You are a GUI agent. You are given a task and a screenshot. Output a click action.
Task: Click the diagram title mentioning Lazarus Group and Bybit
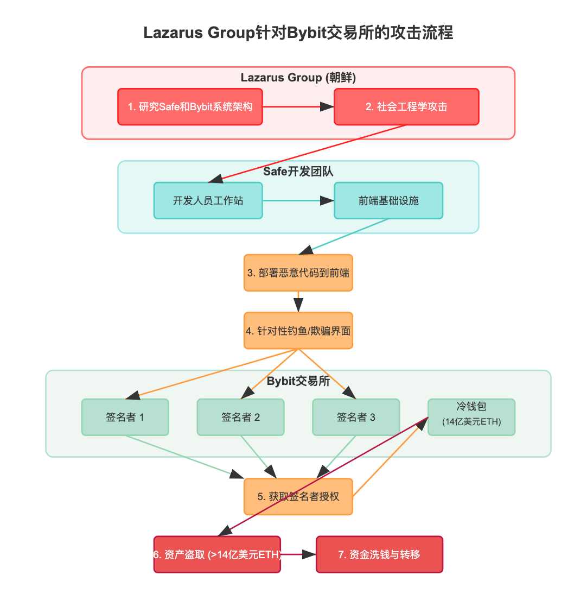pos(298,33)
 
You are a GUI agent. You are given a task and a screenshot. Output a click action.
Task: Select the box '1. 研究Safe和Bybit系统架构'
pos(190,107)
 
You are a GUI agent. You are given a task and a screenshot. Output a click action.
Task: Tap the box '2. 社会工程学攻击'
pos(406,107)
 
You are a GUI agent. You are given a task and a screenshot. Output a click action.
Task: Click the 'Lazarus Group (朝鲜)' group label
pos(298,78)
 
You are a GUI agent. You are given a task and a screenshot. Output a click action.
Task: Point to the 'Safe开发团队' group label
pos(298,172)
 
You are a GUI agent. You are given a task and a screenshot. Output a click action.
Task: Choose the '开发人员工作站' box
pos(208,200)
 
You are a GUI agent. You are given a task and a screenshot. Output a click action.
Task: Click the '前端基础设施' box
pos(388,200)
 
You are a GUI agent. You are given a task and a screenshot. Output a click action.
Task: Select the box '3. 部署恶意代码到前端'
pos(298,273)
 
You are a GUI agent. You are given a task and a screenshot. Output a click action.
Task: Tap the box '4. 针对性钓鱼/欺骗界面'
pos(298,330)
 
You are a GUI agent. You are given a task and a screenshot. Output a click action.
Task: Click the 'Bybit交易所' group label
pos(298,381)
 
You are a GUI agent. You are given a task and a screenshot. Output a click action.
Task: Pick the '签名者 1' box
pos(125,417)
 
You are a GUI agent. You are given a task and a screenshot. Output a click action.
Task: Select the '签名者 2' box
pos(240,417)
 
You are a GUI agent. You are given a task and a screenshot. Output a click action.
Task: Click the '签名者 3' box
pos(356,417)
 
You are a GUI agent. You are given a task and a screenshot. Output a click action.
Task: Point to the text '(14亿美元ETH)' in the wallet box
pos(471,422)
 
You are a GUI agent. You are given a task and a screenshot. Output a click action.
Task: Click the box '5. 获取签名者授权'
pos(298,496)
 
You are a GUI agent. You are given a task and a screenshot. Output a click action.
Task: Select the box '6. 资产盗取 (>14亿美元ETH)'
pos(217,554)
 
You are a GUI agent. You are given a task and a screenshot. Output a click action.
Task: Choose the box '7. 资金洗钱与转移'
pos(379,554)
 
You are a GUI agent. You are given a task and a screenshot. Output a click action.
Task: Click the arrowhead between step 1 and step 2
pos(327,107)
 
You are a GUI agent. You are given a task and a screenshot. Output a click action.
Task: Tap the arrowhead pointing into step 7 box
pos(309,554)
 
